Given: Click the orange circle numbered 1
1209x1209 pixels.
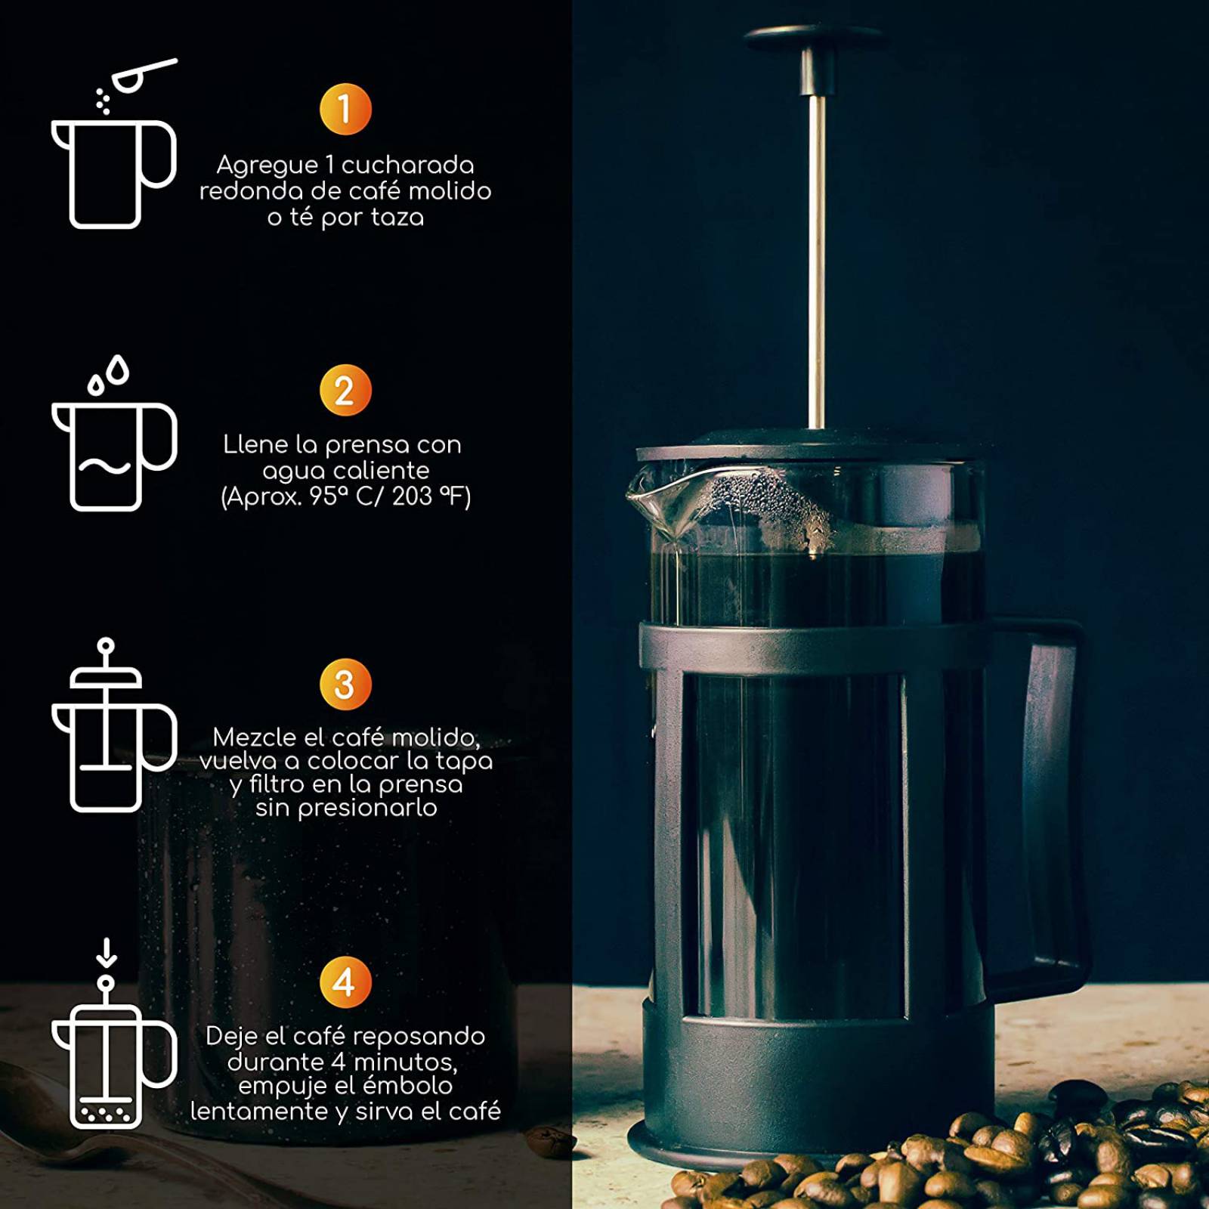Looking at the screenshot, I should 345,110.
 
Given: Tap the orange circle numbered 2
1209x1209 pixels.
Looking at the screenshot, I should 345,391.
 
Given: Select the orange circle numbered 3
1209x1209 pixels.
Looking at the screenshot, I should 345,685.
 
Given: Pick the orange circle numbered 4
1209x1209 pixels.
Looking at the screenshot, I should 345,982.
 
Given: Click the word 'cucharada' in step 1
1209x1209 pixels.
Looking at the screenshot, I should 408,165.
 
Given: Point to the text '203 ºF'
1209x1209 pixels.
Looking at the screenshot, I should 431,496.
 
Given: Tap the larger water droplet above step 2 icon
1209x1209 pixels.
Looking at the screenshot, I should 117,370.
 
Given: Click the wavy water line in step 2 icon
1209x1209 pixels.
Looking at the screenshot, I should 106,465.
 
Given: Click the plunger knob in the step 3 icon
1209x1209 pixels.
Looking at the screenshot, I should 106,646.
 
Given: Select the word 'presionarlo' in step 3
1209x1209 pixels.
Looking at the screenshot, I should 367,809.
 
